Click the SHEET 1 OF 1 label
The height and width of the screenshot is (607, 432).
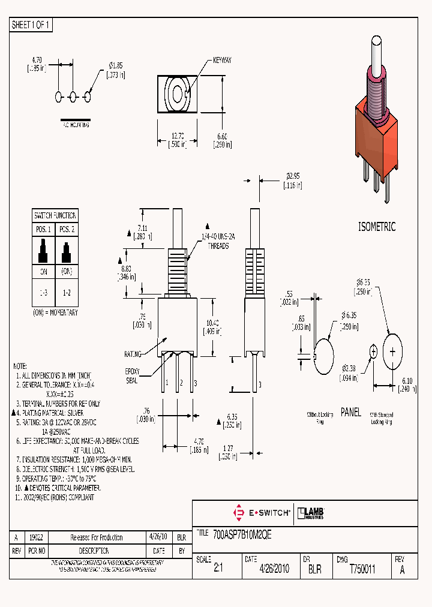(31, 25)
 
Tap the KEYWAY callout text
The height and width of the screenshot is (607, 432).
(221, 61)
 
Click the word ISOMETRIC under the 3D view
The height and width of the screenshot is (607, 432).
(376, 227)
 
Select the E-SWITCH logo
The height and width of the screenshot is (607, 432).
(261, 513)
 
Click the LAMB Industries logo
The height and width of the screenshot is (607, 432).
(311, 512)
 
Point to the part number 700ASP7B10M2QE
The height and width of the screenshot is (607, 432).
(242, 535)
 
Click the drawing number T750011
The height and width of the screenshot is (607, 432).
(362, 569)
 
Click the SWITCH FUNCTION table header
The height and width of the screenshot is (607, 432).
(55, 215)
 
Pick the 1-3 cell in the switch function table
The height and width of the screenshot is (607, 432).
(43, 291)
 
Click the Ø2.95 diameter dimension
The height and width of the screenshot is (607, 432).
(292, 176)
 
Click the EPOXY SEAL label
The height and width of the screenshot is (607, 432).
(131, 375)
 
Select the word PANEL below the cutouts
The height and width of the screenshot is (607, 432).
(350, 412)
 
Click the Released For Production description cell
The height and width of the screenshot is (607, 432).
(97, 537)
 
